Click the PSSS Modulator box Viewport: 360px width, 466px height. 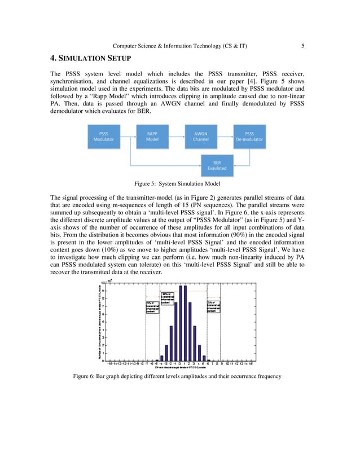(x=103, y=137)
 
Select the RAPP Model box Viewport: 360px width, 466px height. (x=152, y=137)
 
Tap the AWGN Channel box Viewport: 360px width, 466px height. (x=200, y=137)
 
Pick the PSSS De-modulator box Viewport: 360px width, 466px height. (x=249, y=137)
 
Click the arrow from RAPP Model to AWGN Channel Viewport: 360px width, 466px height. (x=176, y=137)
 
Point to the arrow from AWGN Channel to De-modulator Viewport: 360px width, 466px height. (x=225, y=137)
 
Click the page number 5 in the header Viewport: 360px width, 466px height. (x=303, y=46)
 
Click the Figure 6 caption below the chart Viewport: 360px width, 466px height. (x=177, y=376)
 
